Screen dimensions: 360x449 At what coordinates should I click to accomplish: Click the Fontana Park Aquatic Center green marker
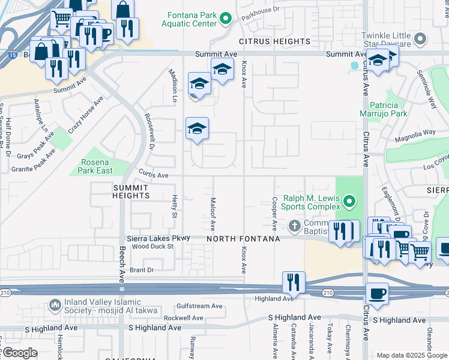[x=226, y=19]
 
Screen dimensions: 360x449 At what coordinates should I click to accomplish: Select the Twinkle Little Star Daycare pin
[x=420, y=40]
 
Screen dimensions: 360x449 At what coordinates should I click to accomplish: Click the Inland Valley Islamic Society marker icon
[x=55, y=305]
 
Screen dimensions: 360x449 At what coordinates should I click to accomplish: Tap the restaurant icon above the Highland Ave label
[x=294, y=282]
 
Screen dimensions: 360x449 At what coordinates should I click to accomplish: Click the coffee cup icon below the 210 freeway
[x=377, y=294]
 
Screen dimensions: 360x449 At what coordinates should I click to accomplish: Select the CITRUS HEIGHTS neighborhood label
[x=274, y=41]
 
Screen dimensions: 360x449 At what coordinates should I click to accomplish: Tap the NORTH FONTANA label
[x=243, y=239]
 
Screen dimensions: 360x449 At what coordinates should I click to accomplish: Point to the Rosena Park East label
[x=96, y=166]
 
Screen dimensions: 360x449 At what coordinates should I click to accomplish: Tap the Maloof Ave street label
[x=212, y=214]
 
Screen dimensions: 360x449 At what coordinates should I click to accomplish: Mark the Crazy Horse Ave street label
[x=85, y=114]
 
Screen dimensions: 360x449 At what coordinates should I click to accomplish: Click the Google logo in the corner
[x=20, y=353]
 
